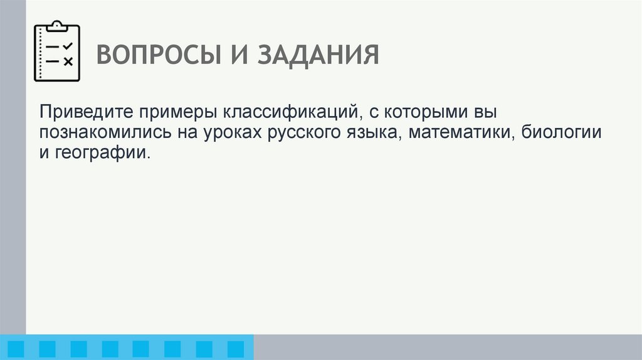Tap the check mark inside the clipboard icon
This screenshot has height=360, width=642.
68,46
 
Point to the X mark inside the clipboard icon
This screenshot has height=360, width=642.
68,61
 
